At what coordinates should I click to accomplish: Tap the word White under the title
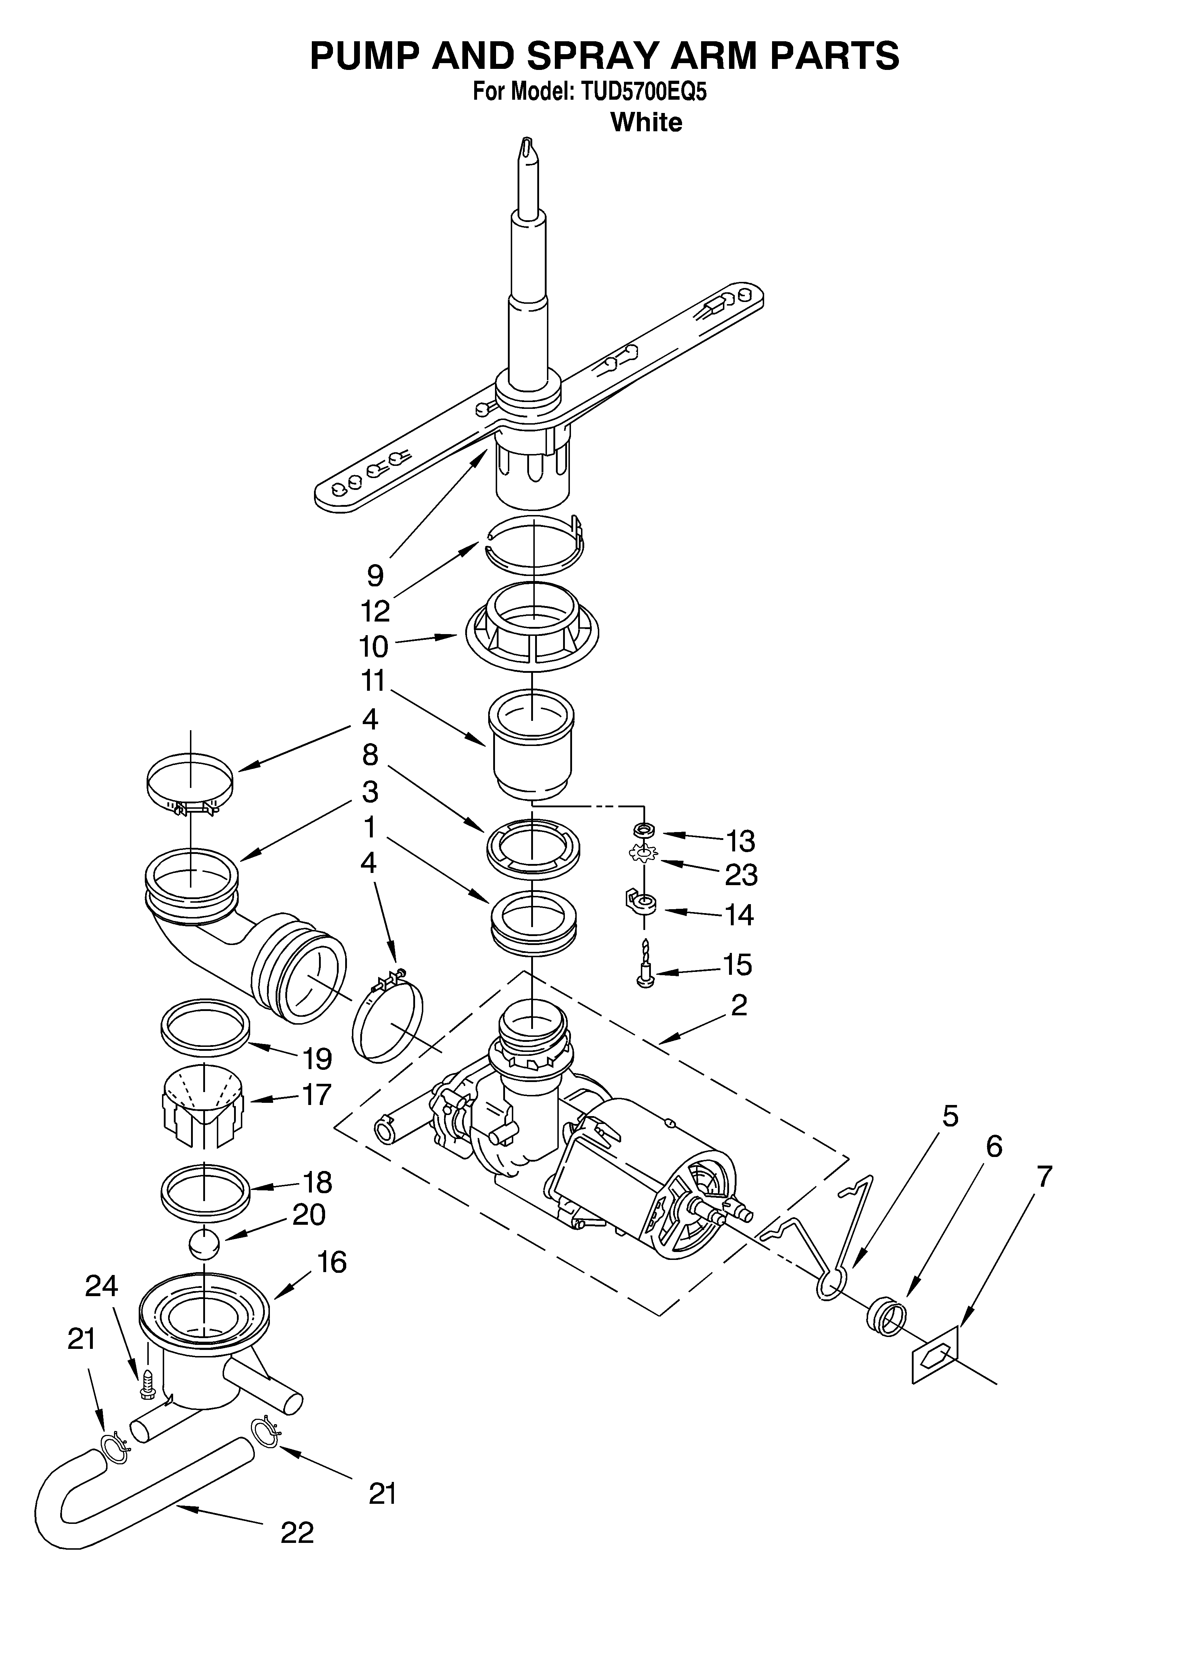tap(646, 122)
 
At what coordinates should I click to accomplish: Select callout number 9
tap(375, 576)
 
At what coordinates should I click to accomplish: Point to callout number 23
tap(741, 874)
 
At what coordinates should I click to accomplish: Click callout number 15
tap(737, 965)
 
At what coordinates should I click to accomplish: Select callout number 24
tap(101, 1307)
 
